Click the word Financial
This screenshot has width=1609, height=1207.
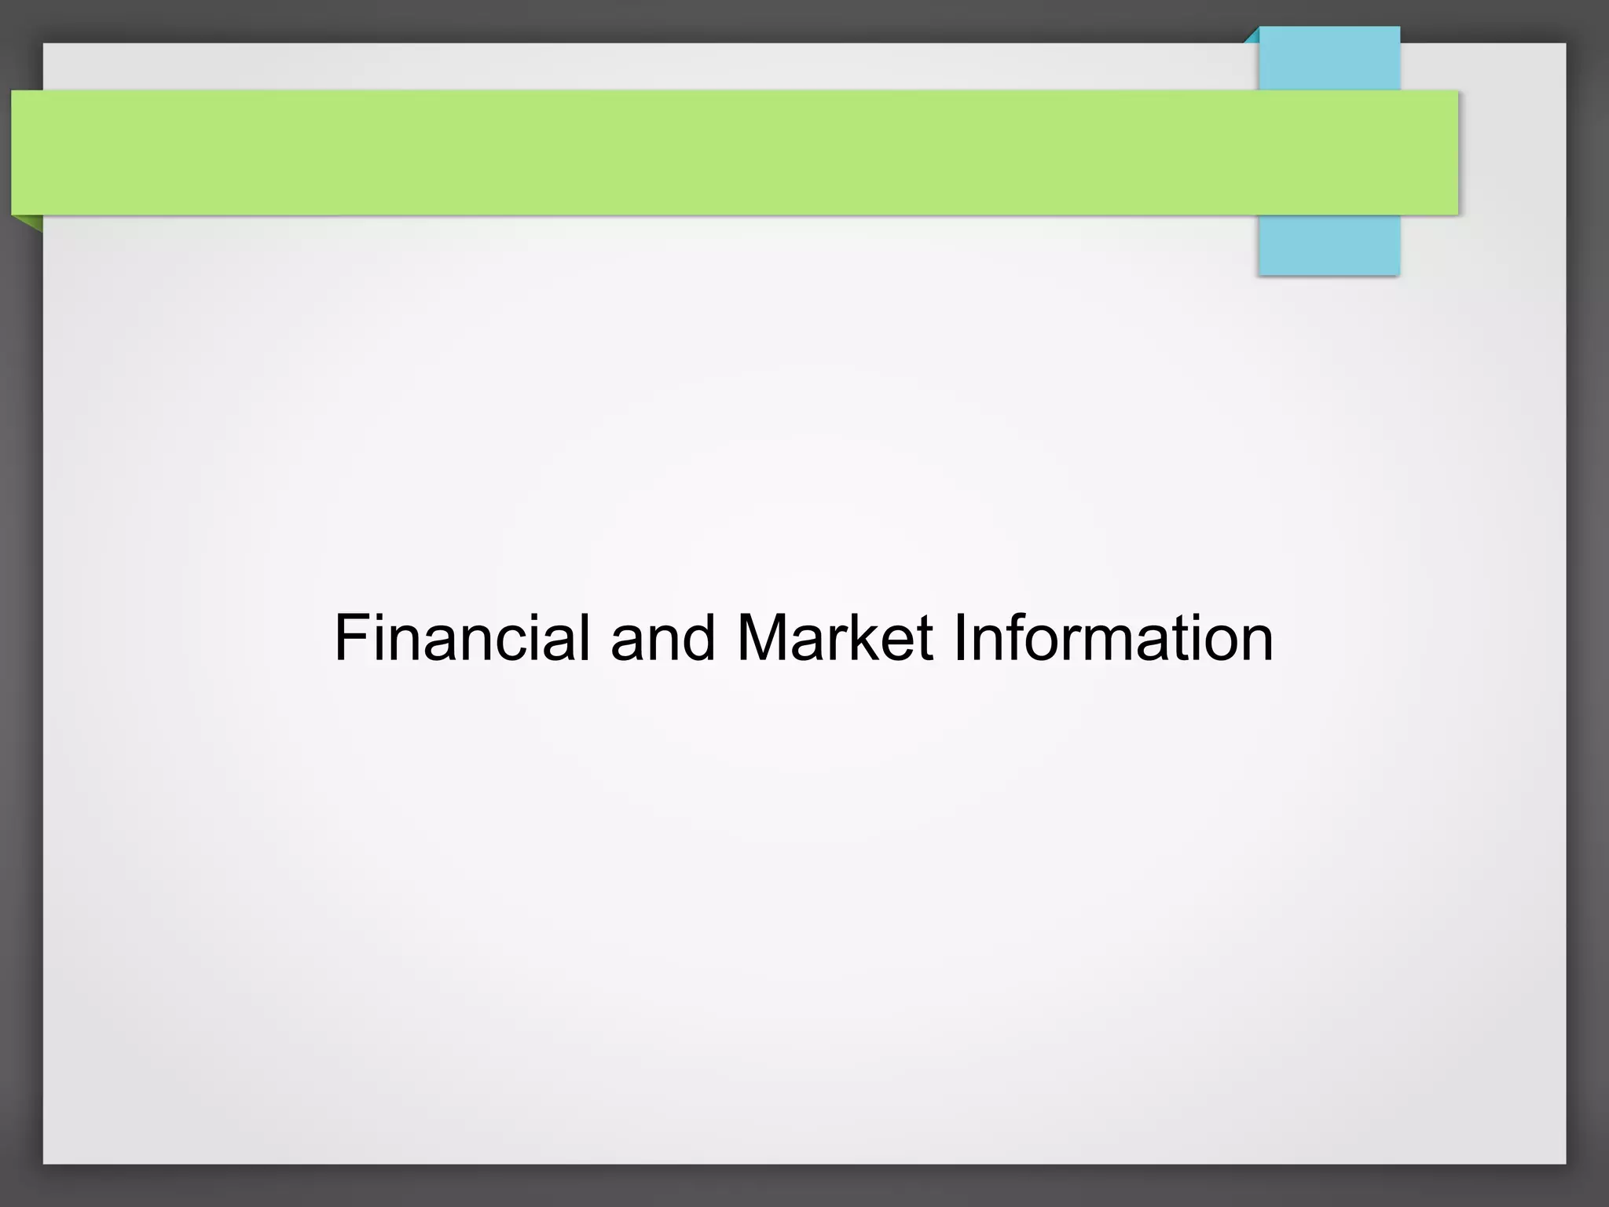coord(462,638)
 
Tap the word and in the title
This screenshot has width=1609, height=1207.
coord(662,638)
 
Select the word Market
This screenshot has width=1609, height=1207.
coord(834,638)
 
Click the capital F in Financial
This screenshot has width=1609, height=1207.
coord(351,638)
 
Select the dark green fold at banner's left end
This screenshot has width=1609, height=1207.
coord(28,222)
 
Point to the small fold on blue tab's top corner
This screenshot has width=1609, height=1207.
coord(1252,35)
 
